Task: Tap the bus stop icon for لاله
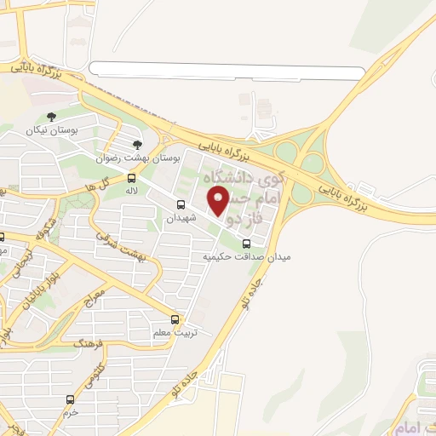(132, 178)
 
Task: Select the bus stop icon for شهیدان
(181, 204)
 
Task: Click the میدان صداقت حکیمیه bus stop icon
(246, 242)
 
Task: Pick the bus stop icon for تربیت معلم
(175, 318)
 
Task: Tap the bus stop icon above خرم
(70, 399)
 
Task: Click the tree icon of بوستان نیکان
(51, 117)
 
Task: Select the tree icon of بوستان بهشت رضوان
(137, 146)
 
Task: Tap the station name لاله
(132, 192)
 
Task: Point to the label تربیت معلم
(174, 332)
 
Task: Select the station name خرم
(70, 412)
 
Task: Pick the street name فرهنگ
(88, 345)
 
